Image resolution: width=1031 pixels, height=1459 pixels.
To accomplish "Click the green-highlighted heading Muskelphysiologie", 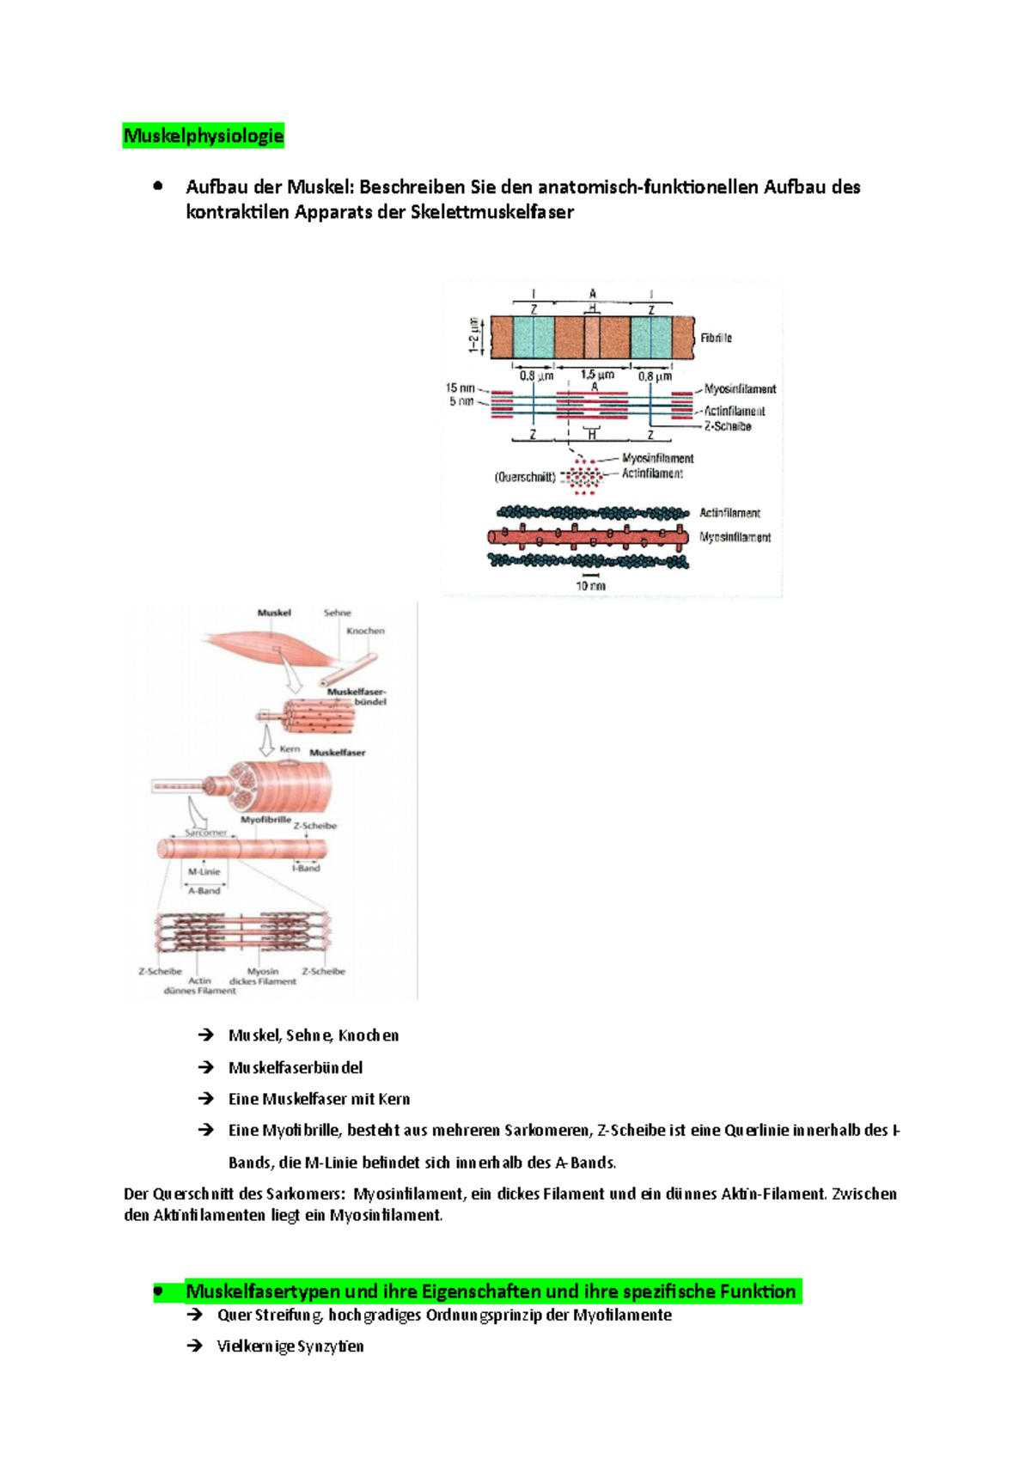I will pos(204,136).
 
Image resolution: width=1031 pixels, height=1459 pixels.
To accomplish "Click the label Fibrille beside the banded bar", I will pos(716,338).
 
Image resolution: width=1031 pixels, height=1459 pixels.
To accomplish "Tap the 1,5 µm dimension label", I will pos(597,375).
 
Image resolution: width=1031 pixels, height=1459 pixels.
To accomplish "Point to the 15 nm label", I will pos(460,388).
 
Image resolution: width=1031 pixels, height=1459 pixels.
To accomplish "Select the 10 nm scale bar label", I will pos(590,586).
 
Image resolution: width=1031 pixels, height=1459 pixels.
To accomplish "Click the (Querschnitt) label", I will pos(524,477).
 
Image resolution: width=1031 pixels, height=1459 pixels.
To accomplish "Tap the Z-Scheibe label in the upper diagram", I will pos(728,426).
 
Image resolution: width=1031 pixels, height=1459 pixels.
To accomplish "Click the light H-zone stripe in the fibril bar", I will pos(592,337).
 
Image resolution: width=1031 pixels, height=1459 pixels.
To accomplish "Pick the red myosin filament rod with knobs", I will pos(589,537).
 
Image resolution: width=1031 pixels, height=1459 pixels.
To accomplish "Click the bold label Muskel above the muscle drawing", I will pos(274,613).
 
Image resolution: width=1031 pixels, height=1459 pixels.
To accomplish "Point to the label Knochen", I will pos(365,631).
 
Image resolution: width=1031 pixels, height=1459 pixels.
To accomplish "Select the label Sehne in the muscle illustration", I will pos(337,613).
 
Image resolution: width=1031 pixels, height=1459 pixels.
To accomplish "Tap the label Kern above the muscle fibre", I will pos(290,749).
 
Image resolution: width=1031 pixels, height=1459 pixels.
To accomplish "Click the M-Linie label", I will pos(204,871).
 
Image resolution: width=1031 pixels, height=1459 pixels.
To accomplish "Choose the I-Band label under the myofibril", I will pos(306,868).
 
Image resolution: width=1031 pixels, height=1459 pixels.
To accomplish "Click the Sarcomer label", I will pos(206,833).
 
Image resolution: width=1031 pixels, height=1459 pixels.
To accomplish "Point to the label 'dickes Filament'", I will pos(262,981).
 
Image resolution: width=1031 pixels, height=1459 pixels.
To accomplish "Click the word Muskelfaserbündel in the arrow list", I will pos(296,1067).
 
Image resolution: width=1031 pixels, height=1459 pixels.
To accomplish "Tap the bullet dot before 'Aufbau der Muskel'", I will pos(158,186).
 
